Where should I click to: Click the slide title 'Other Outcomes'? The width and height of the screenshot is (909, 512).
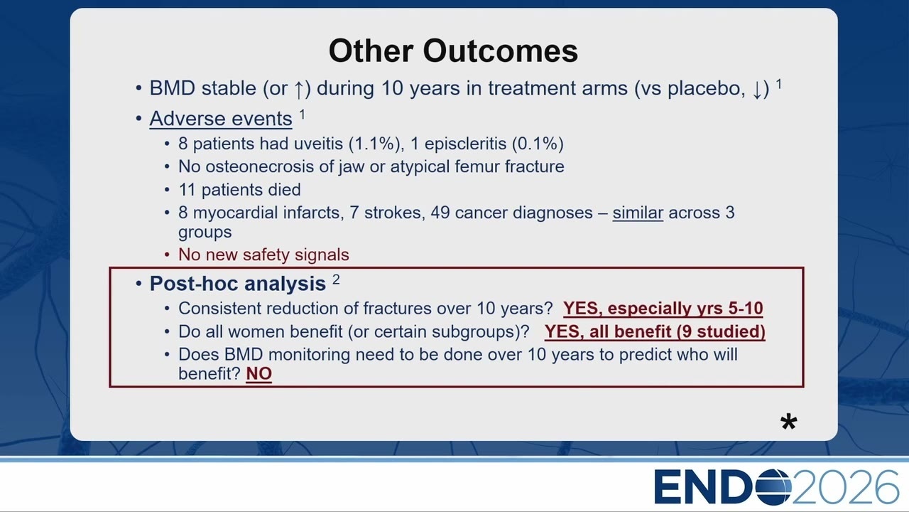[453, 50]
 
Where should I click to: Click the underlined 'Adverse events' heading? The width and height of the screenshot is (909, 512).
[221, 119]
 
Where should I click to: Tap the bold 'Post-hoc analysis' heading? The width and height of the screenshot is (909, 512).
[238, 283]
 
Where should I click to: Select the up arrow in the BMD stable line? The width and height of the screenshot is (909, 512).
[299, 90]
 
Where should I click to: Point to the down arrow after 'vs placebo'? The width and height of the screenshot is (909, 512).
[757, 90]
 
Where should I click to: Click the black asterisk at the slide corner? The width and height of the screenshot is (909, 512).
[788, 422]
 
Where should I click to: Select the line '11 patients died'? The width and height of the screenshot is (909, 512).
[239, 190]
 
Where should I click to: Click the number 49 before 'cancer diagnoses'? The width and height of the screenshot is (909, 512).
[440, 213]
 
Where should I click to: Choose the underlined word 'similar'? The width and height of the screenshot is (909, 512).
[638, 213]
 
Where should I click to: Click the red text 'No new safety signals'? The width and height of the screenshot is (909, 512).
[263, 255]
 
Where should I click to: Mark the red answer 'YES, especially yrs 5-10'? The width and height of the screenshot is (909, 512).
[663, 309]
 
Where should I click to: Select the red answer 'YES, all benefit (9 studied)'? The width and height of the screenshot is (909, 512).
[655, 331]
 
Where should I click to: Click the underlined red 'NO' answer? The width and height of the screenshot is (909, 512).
[259, 374]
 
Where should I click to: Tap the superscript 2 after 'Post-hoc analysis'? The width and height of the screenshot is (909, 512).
[336, 279]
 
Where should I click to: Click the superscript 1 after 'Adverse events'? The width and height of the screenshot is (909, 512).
[303, 114]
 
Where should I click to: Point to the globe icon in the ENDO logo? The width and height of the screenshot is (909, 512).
[773, 487]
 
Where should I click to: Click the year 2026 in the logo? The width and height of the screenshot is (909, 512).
[846, 487]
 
